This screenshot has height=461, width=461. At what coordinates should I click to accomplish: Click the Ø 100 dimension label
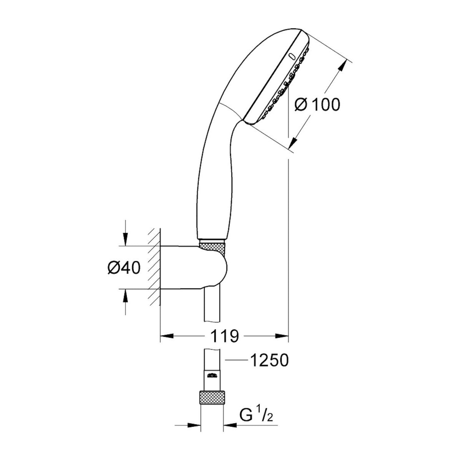point(317,104)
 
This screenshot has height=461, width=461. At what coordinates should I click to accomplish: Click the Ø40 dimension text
point(123,268)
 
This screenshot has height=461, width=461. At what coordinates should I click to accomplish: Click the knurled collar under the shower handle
point(212,246)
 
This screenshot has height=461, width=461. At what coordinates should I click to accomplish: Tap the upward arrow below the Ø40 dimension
point(125,295)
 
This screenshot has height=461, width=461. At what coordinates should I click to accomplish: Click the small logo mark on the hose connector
point(212,375)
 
